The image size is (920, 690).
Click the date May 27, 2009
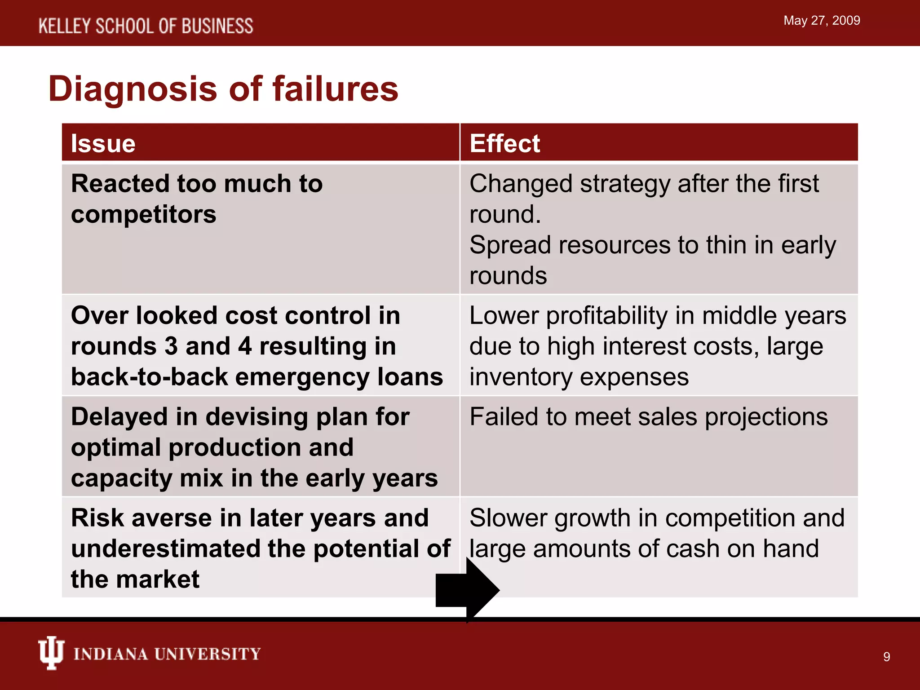coord(821,21)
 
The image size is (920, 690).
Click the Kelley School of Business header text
coord(146,26)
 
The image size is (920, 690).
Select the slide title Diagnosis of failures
coord(223,89)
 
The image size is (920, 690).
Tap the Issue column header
coord(103,144)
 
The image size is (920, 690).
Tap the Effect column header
coord(504,144)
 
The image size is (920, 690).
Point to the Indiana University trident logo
coord(51,653)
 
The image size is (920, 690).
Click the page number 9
coord(886,657)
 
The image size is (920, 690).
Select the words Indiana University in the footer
coord(167,654)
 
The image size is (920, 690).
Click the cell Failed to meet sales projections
coord(648,417)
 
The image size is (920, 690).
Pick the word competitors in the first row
coord(143,214)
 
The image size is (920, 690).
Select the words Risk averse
coord(142,518)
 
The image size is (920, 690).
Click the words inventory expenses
coord(579,377)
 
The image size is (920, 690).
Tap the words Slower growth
coord(550,518)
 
